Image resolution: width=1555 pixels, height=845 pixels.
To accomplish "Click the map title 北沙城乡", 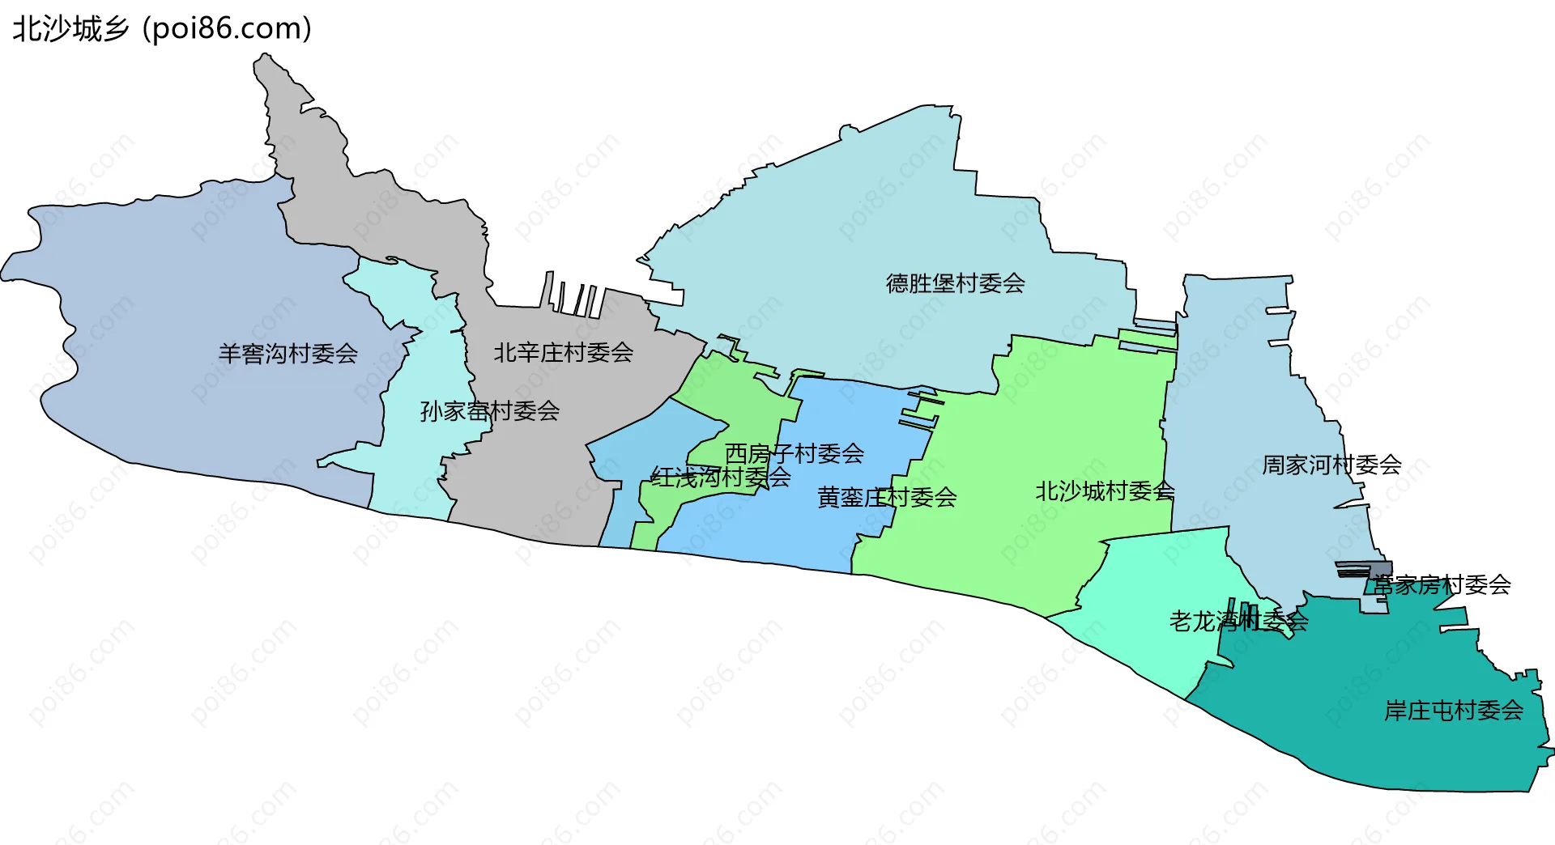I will (71, 29).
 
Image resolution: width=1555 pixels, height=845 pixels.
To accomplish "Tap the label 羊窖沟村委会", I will (288, 354).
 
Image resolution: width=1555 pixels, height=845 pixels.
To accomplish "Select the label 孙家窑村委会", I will (489, 411).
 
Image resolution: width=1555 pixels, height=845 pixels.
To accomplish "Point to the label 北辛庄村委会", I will (564, 353).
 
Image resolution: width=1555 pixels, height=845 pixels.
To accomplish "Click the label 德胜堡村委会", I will (956, 283).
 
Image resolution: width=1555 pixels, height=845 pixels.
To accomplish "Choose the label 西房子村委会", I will (794, 453).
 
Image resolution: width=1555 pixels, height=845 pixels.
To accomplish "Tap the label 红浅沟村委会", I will (721, 478).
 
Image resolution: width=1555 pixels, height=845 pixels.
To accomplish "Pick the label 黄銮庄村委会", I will (887, 497).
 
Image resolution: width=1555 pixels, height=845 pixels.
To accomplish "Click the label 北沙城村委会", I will (1105, 491).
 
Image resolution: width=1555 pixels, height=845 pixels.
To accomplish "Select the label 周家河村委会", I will (1331, 465).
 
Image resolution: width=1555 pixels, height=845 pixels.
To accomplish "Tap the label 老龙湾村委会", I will (1238, 622).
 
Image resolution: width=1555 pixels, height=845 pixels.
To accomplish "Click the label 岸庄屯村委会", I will (1454, 711).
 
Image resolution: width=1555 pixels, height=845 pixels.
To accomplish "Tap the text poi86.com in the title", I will (227, 29).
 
